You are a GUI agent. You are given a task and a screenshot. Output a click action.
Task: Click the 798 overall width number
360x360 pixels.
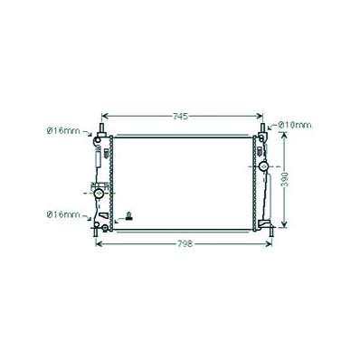[185, 243]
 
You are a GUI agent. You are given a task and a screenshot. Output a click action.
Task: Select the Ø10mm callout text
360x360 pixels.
[295, 125]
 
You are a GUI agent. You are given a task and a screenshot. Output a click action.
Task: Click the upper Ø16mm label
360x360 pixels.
[64, 131]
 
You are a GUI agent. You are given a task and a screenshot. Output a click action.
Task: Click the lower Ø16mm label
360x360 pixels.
[64, 214]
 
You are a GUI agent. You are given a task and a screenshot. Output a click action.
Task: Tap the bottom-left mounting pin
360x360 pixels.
[95, 232]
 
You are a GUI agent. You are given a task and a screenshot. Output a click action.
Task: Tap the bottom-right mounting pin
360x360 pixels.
[271, 232]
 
